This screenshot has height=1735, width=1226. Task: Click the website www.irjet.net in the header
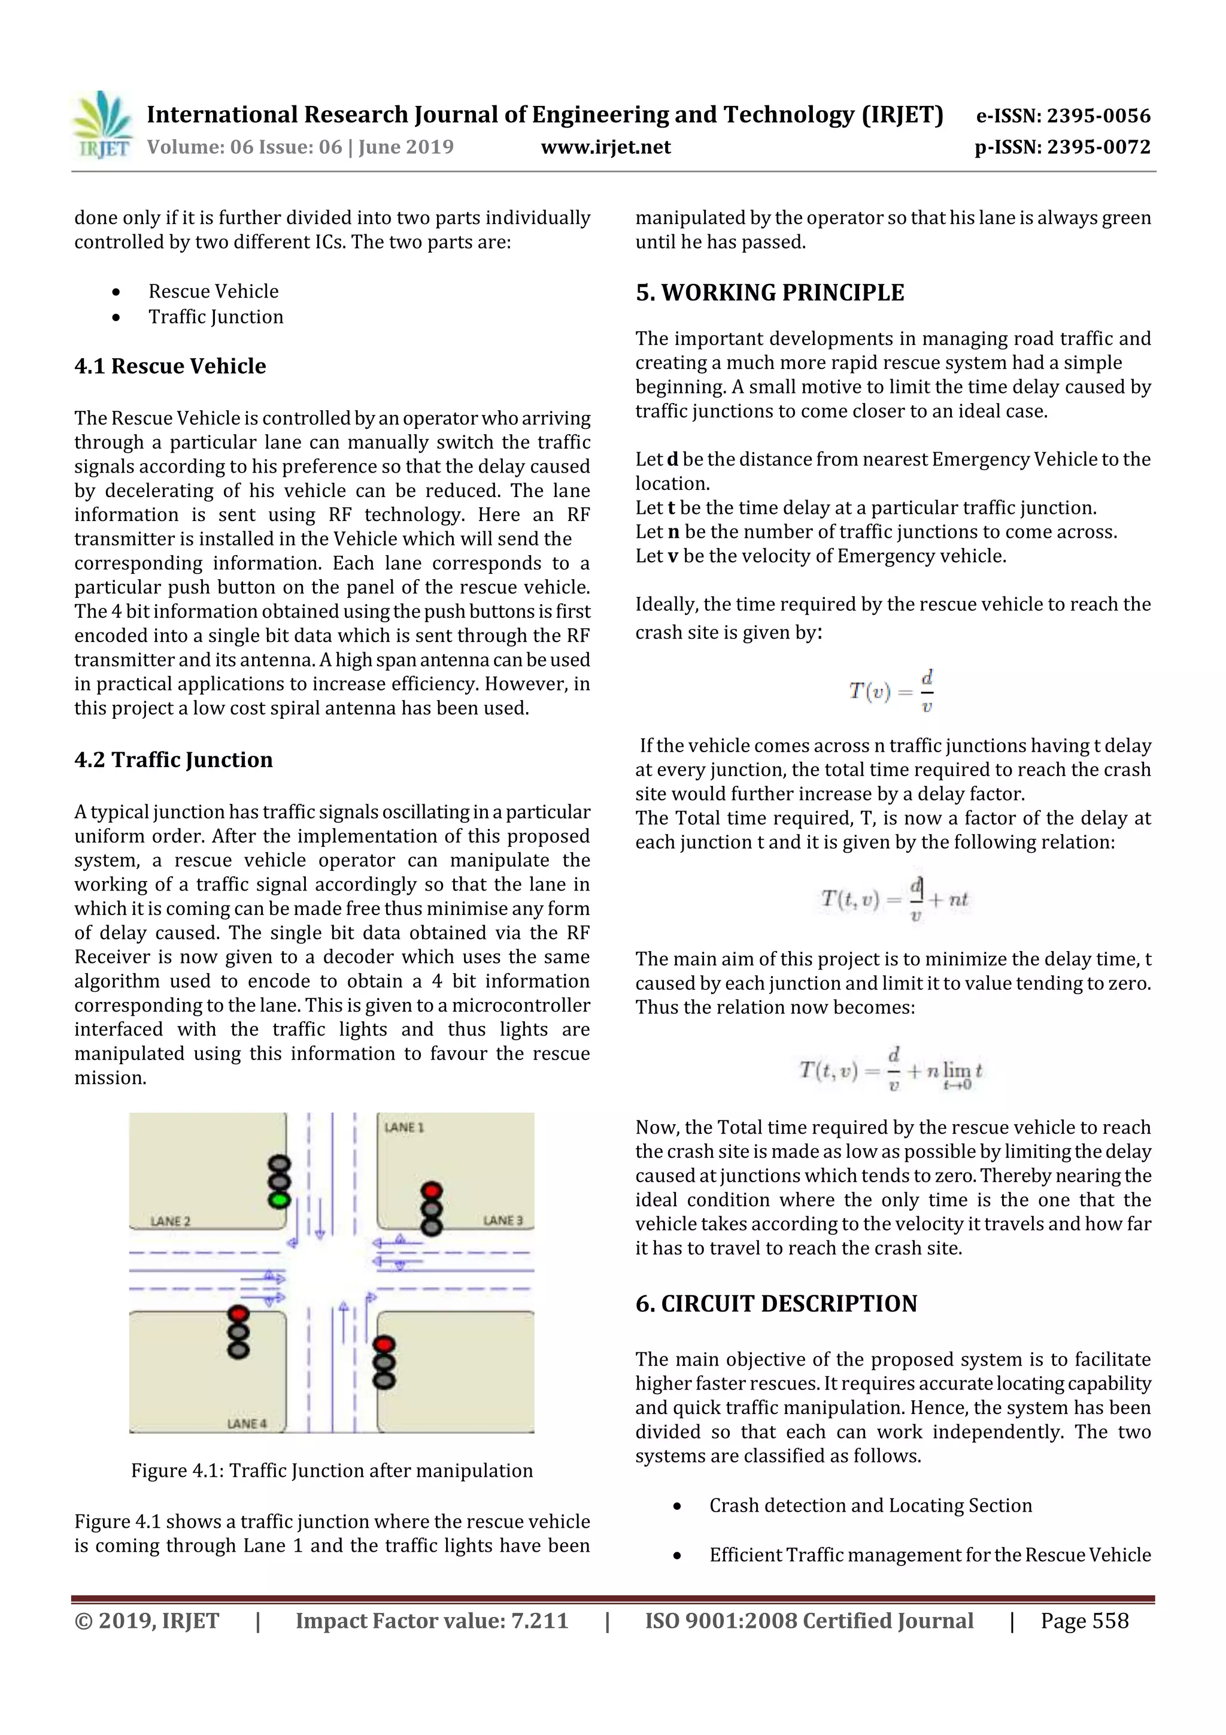point(606,147)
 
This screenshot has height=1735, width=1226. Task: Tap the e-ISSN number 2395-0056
point(1063,116)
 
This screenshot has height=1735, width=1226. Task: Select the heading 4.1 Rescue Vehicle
point(170,366)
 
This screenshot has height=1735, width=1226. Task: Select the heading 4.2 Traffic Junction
point(173,759)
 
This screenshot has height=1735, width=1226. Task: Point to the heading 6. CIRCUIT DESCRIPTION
point(776,1304)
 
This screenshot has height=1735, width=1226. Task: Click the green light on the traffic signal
point(280,1199)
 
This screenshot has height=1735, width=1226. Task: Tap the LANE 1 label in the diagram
point(404,1128)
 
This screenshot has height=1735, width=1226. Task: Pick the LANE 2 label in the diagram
point(171,1221)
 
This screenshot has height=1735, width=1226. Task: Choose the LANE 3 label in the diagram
point(502,1221)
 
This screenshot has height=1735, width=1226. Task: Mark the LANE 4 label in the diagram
point(247,1424)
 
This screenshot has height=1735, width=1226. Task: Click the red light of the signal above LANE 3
point(432,1192)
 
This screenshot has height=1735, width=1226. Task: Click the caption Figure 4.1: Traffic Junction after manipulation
point(332,1470)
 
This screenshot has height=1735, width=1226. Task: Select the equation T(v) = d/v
point(891,691)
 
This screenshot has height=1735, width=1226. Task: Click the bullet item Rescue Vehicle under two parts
point(213,291)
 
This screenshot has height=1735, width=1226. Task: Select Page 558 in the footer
point(1084,1620)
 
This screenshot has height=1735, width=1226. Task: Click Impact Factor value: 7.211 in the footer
point(432,1620)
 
